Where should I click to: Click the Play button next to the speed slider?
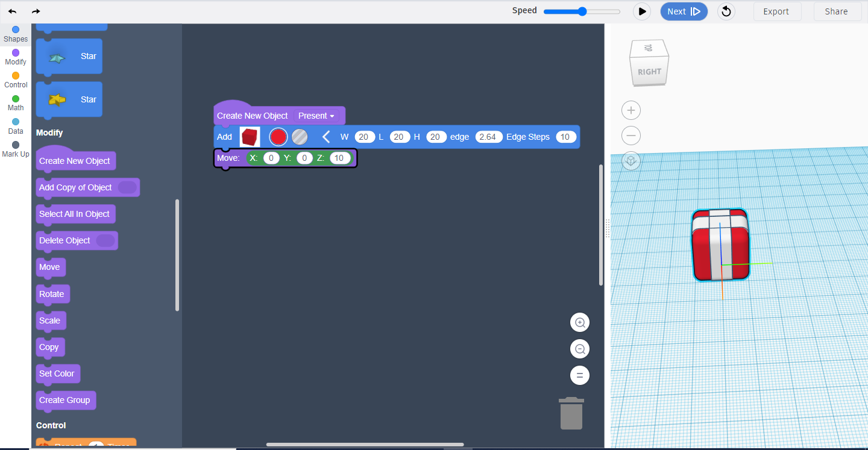pyautogui.click(x=642, y=11)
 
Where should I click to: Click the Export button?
pyautogui.click(x=776, y=11)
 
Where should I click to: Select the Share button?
pyautogui.click(x=836, y=11)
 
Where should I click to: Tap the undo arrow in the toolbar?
pyautogui.click(x=13, y=11)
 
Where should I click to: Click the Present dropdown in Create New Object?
pyautogui.click(x=316, y=116)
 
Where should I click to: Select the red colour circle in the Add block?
pyautogui.click(x=278, y=137)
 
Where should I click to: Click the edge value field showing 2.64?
pyautogui.click(x=488, y=137)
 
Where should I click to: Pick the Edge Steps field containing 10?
pyautogui.click(x=565, y=137)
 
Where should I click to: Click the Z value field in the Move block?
pyautogui.click(x=339, y=158)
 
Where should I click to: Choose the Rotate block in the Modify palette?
pyautogui.click(x=52, y=294)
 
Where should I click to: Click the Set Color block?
pyautogui.click(x=57, y=373)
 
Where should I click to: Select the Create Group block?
pyautogui.click(x=66, y=400)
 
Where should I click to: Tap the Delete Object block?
pyautogui.click(x=77, y=240)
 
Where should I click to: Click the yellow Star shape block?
pyautogui.click(x=69, y=99)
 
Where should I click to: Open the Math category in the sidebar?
pyautogui.click(x=16, y=104)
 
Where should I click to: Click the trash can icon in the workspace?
pyautogui.click(x=571, y=413)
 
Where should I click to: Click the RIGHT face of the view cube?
pyautogui.click(x=649, y=72)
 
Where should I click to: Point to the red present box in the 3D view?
pyautogui.click(x=721, y=245)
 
